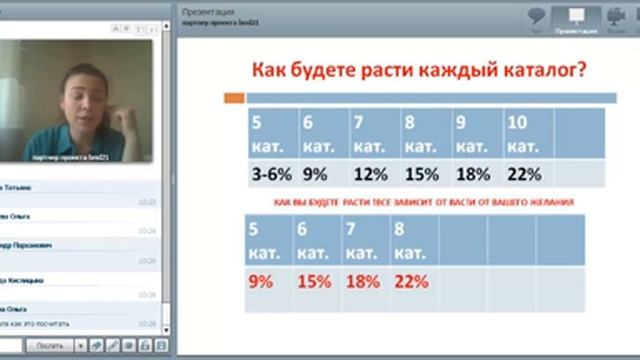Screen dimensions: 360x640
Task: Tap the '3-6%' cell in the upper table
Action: coord(270,174)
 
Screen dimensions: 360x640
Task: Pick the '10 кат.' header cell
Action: coord(523,134)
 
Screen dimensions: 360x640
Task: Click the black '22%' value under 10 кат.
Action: coord(524,174)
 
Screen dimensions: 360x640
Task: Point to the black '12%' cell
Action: coord(370,174)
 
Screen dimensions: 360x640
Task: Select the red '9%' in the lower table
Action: coord(261,282)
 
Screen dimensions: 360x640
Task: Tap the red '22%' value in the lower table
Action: coord(412,282)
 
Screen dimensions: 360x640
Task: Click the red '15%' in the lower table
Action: coord(314,282)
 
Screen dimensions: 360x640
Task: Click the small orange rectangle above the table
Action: coord(235,98)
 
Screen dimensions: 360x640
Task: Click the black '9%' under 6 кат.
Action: coord(315,174)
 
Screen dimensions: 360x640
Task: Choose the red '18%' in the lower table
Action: coord(362,282)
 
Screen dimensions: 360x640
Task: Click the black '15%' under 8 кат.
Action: coord(422,174)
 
